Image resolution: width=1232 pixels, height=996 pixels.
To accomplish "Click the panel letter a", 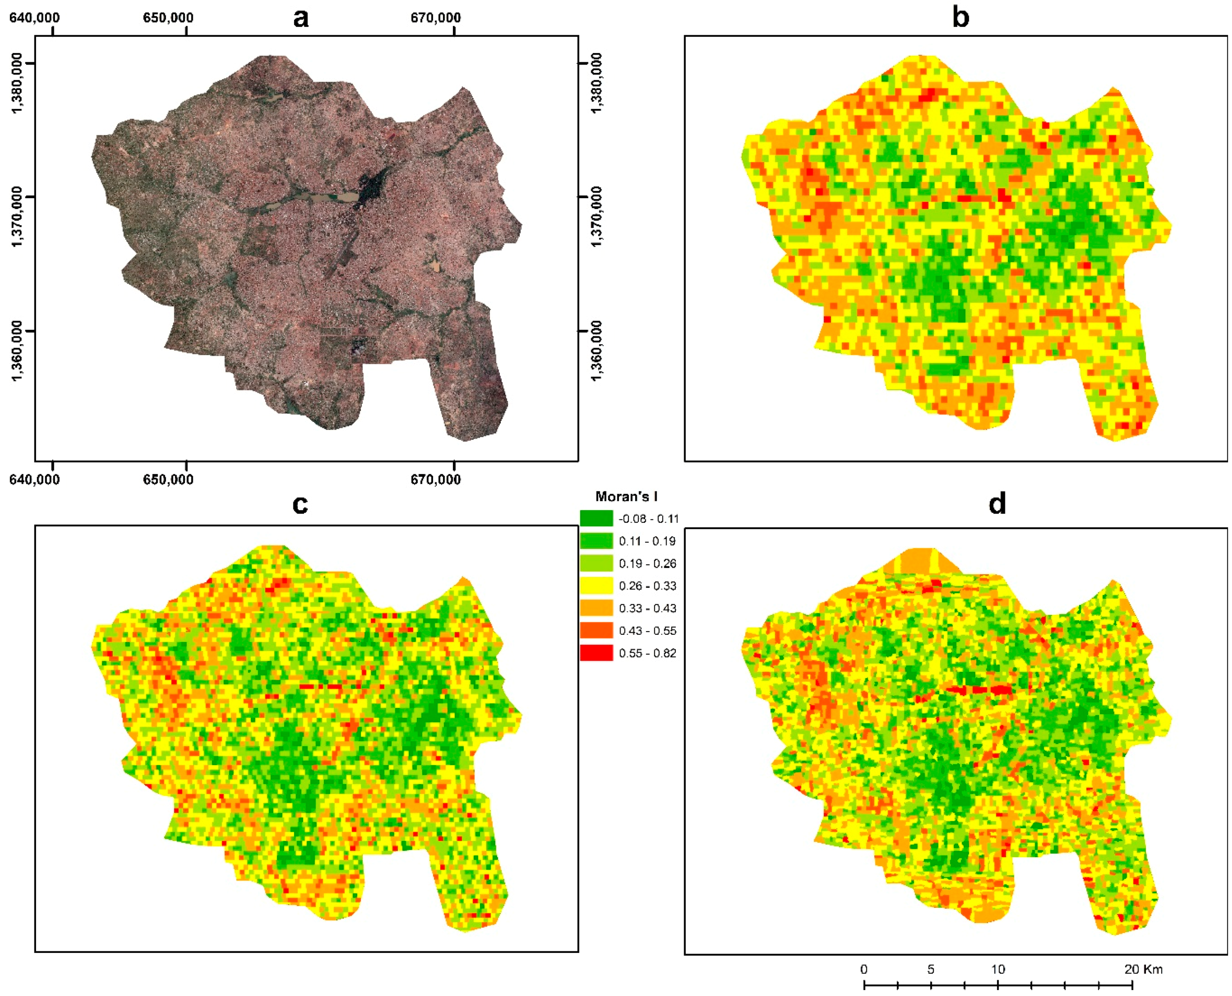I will [301, 17].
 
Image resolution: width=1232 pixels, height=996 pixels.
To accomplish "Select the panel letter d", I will [997, 504].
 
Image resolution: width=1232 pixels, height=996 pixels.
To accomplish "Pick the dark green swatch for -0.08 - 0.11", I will [596, 519].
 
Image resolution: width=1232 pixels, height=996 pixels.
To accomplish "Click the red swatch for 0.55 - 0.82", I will [596, 653].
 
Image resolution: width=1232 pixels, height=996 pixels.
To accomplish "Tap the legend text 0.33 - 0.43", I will [647, 608].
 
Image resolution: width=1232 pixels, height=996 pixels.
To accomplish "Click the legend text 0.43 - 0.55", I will [647, 631].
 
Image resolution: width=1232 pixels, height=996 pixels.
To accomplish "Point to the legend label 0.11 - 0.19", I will [647, 541].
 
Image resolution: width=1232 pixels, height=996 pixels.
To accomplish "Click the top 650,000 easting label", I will [168, 18].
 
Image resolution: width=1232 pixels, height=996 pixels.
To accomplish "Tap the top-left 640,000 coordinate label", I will [35, 18].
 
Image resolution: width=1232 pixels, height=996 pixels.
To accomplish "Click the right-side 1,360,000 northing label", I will [597, 350].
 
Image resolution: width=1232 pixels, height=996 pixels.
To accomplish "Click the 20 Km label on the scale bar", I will [1143, 969].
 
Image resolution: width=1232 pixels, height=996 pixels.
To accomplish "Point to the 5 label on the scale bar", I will [930, 969].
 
